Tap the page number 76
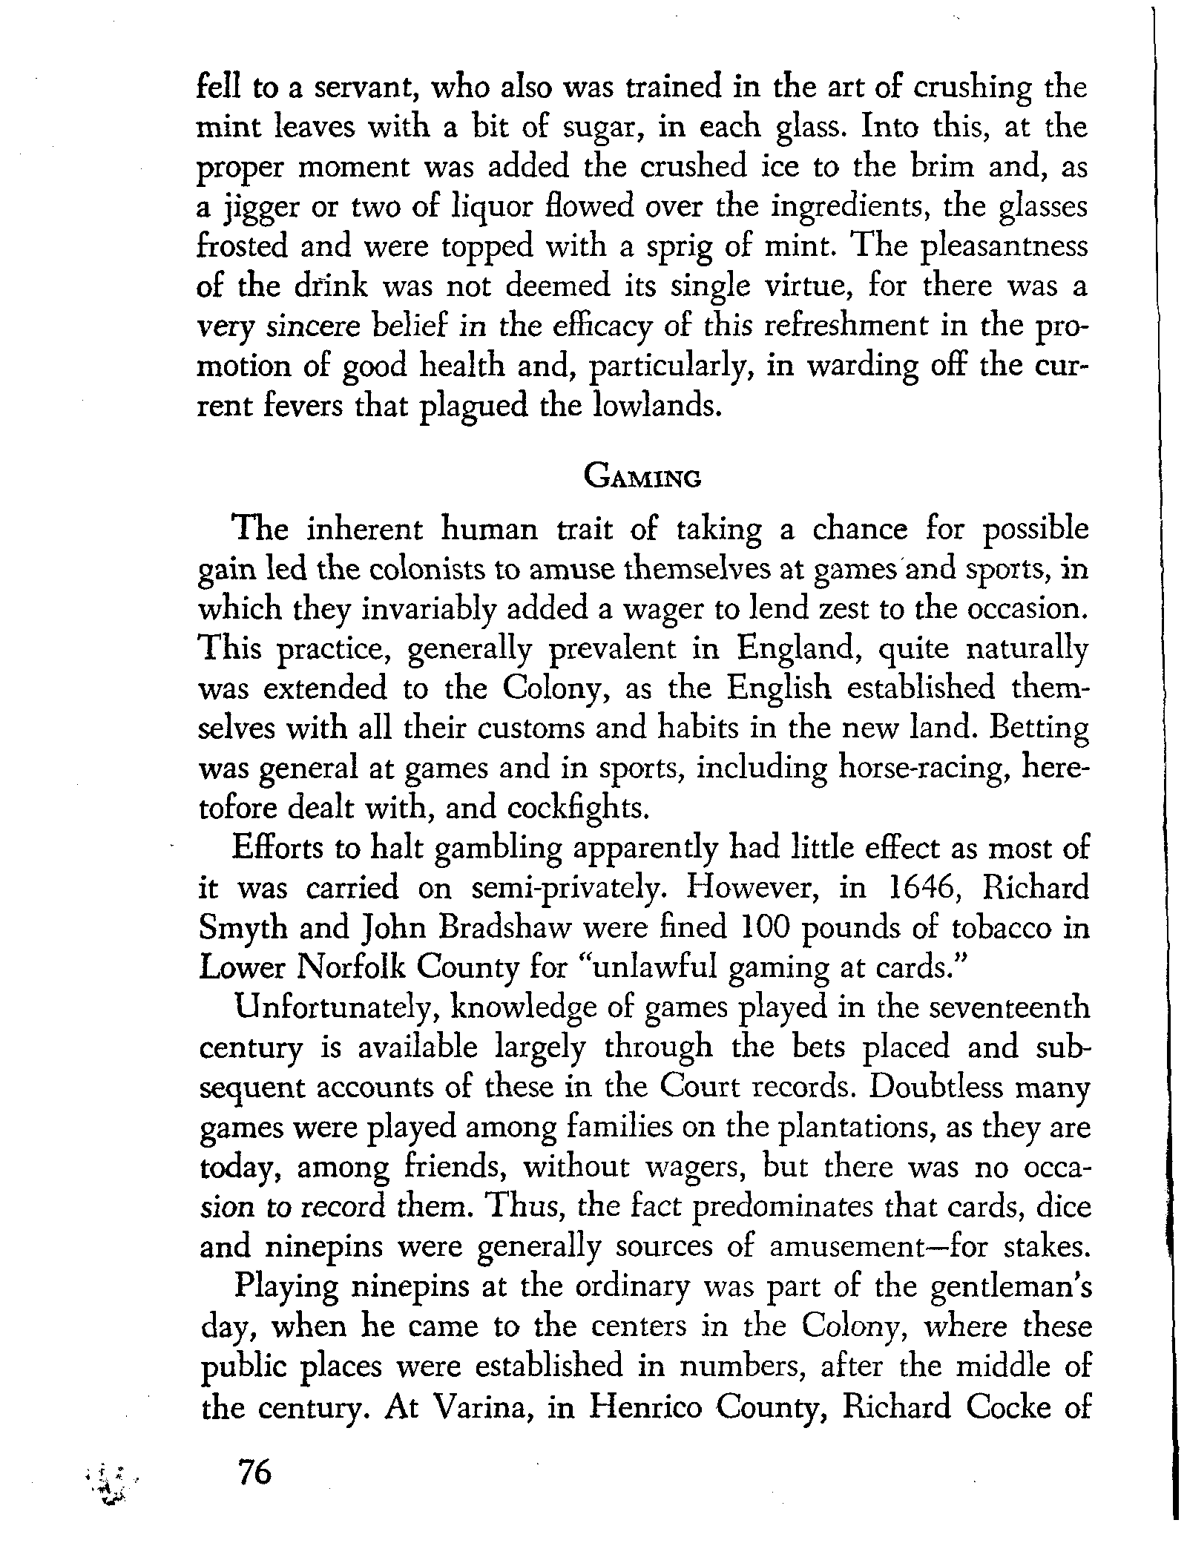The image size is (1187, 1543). point(254,1471)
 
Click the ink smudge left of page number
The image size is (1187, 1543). point(109,1472)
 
